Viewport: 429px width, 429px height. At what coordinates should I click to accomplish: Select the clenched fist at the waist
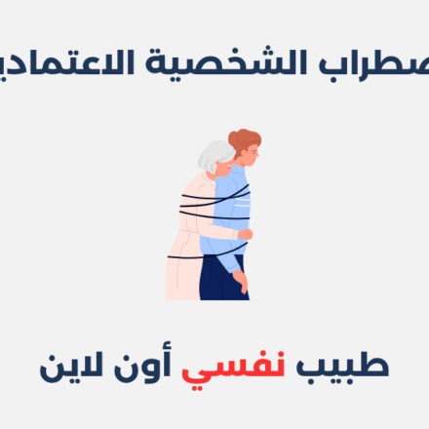tap(245, 234)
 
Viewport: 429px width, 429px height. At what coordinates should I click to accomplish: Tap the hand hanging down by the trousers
tap(240, 284)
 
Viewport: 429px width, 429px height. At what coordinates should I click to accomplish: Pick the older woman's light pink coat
tap(185, 253)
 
